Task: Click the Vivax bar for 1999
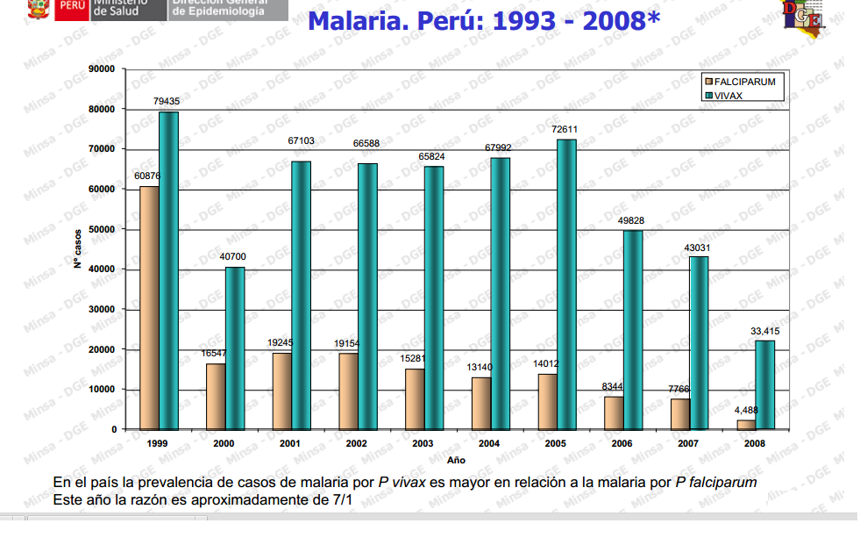(168, 270)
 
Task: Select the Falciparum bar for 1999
(149, 307)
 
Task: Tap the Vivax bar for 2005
(566, 284)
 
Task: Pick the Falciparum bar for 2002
(348, 391)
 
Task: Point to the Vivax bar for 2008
(765, 384)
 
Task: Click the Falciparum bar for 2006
(614, 412)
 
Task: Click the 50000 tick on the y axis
(102, 229)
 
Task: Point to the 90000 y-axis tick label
(102, 69)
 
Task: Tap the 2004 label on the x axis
(489, 444)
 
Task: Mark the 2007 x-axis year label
(688, 444)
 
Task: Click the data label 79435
(167, 102)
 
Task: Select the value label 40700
(234, 257)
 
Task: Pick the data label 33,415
(764, 331)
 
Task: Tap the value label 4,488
(745, 410)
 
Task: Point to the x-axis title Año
(456, 460)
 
